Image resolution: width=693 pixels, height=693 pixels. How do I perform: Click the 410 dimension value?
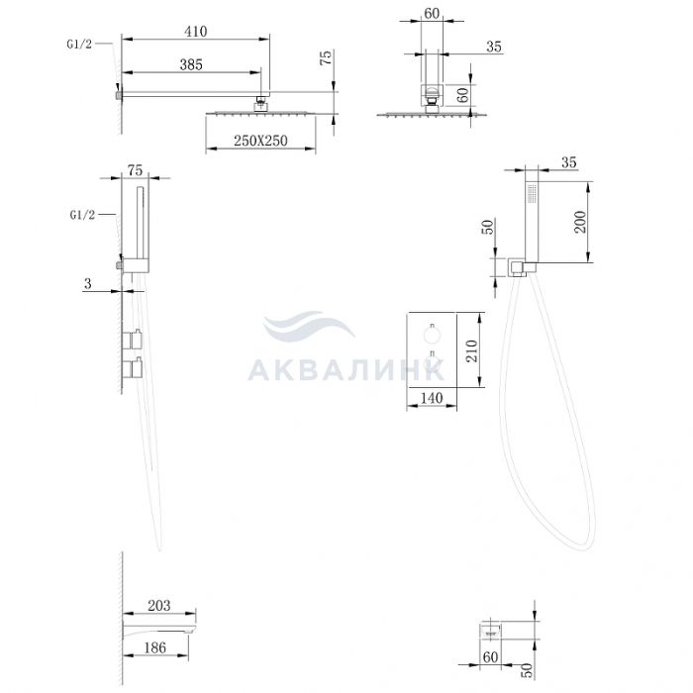click(x=195, y=32)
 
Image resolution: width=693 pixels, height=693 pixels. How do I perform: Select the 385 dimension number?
click(x=191, y=65)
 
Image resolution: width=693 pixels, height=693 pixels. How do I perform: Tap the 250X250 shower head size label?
click(x=260, y=141)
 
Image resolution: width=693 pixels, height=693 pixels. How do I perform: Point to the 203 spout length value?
click(x=158, y=605)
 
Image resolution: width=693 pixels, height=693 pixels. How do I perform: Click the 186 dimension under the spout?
click(x=155, y=647)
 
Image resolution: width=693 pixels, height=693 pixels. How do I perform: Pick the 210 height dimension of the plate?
click(x=472, y=350)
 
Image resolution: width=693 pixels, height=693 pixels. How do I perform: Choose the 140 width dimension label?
click(x=432, y=398)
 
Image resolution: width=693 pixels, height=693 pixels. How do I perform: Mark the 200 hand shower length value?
click(x=580, y=222)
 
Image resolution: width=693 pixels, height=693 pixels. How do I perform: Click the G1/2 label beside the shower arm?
click(x=79, y=44)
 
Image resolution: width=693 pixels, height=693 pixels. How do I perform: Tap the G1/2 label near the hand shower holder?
click(x=82, y=215)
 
